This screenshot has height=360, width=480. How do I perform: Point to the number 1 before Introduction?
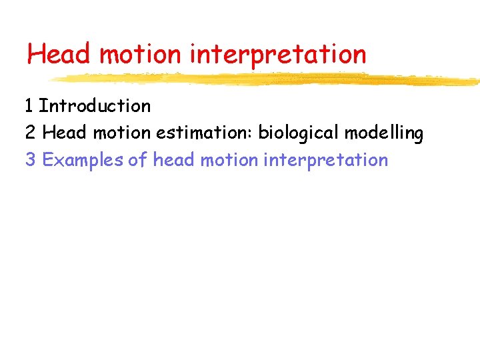pos(29,106)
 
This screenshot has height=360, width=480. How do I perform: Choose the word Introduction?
pos(95,106)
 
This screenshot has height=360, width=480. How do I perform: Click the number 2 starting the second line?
pos(30,133)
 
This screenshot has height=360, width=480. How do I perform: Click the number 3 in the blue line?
pos(30,161)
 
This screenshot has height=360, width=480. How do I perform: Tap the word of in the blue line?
pos(138,161)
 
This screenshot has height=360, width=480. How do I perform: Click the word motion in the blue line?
pos(226,161)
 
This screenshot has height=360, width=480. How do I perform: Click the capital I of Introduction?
pos(41,106)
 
